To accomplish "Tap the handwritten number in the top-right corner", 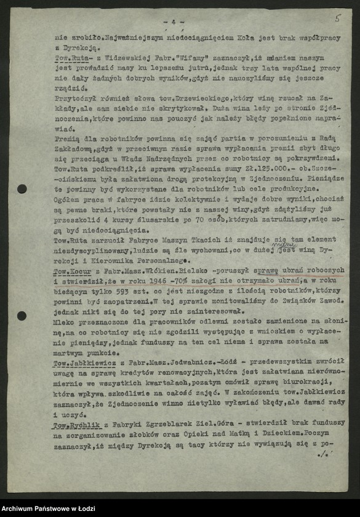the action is tap(337, 18).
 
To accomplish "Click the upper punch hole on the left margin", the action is tap(22, 189).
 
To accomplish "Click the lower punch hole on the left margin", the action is tap(22, 316).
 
